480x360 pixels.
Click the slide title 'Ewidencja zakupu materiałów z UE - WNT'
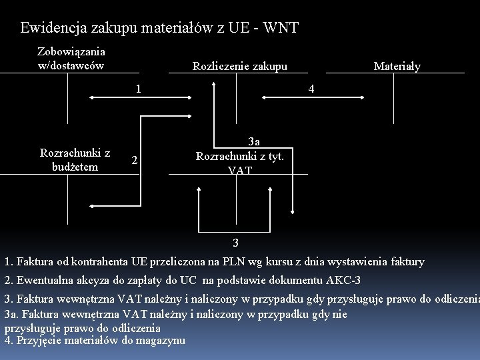[159, 28]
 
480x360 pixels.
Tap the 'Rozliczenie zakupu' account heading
[240, 66]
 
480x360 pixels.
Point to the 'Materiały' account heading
[397, 66]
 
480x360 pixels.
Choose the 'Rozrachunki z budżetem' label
[75, 159]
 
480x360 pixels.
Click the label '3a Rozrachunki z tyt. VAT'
[240, 155]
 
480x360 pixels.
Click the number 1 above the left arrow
[137, 88]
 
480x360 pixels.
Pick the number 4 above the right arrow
[310, 89]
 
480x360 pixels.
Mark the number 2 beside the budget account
[135, 160]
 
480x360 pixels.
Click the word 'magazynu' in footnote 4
[163, 341]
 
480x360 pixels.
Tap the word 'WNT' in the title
[282, 28]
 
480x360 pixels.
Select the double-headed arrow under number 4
[306, 99]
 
